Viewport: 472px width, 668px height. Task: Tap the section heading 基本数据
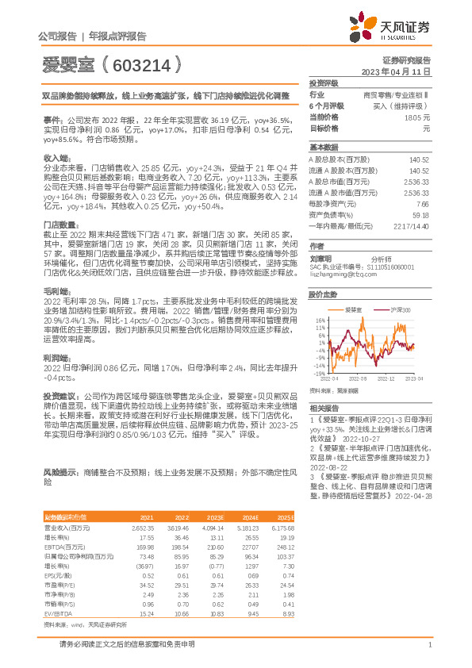pyautogui.click(x=323, y=148)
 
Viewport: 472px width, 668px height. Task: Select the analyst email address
pyautogui.click(x=342, y=275)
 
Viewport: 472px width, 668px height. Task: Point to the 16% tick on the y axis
pyautogui.click(x=320, y=321)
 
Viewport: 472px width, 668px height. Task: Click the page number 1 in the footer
pyautogui.click(x=428, y=644)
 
